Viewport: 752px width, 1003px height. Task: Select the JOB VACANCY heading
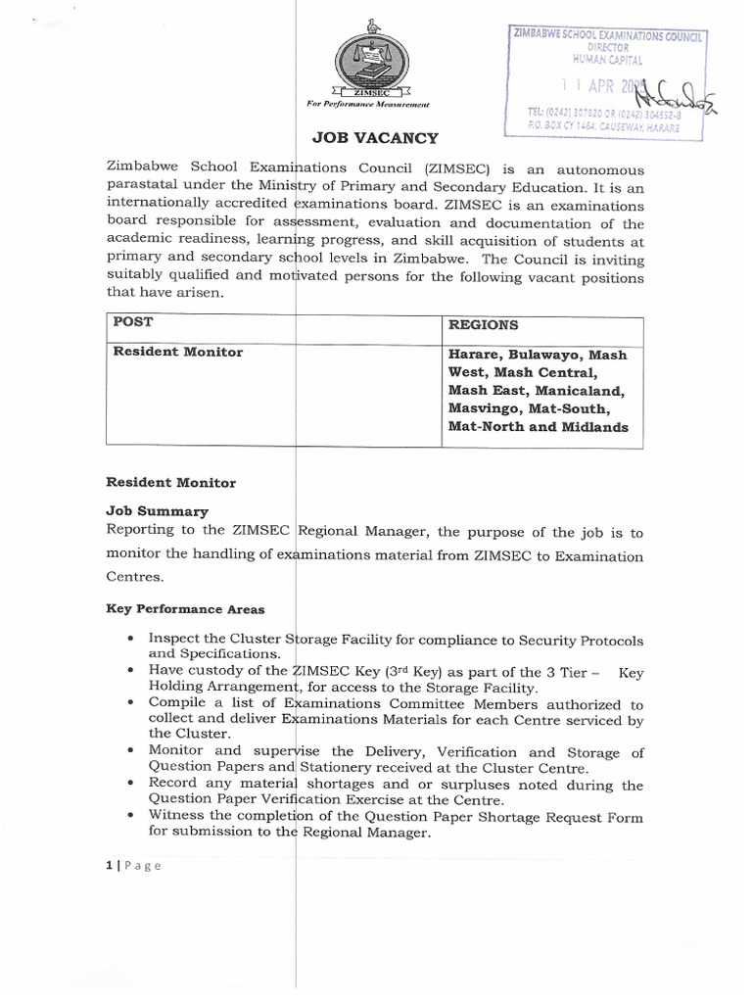(x=375, y=138)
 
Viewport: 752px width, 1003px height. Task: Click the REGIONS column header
(x=484, y=324)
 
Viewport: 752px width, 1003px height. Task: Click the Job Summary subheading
(x=157, y=511)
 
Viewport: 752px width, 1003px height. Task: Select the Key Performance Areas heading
(x=184, y=608)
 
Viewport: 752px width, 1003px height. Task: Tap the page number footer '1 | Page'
(x=132, y=865)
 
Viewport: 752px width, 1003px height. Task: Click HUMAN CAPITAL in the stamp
(x=608, y=58)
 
